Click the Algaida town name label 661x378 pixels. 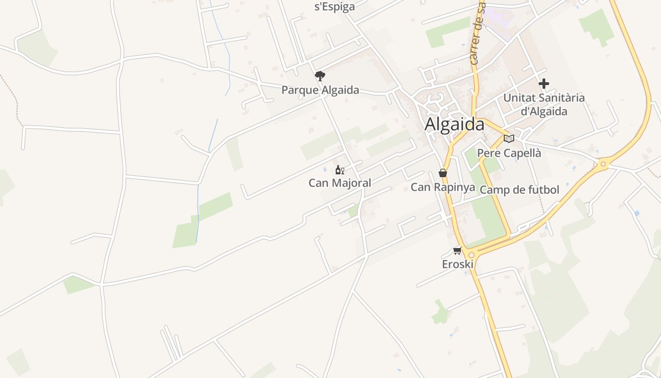coord(454,124)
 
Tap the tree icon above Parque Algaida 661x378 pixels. coord(320,76)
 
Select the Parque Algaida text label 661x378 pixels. coord(320,90)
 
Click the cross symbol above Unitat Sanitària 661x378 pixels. coord(544,84)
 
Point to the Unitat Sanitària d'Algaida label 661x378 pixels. coord(544,104)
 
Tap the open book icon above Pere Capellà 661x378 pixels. coord(509,138)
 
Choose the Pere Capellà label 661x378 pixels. coord(509,153)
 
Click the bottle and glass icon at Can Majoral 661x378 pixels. coord(339,170)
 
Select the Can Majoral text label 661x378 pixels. coord(339,183)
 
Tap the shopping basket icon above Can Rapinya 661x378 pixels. coord(443,173)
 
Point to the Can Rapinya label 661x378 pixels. coord(443,187)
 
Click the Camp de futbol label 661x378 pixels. coord(519,190)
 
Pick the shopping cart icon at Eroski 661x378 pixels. coord(457,250)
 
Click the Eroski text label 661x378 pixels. coord(458,264)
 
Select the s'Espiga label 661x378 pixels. coord(334,7)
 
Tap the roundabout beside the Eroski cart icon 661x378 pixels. coord(471,255)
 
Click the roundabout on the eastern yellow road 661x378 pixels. coord(602,164)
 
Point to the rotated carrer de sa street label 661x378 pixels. coord(478,33)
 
